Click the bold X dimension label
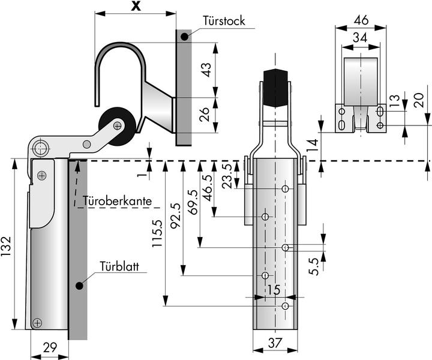click(137, 6)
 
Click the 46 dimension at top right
click(361, 20)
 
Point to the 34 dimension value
click(361, 37)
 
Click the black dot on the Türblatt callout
click(79, 286)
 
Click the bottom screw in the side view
click(38, 323)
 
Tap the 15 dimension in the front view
click(274, 290)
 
